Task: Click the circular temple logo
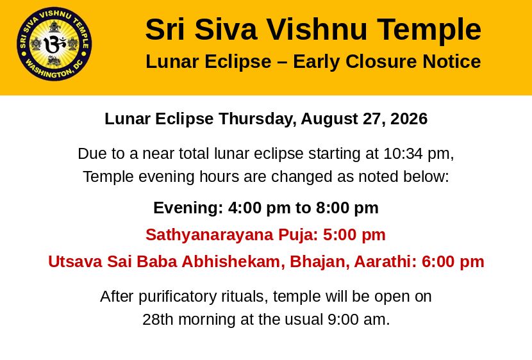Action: pos(54,44)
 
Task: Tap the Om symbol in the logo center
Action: pos(54,44)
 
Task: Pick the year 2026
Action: pos(409,119)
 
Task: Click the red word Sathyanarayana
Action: pos(210,235)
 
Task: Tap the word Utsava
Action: pos(75,262)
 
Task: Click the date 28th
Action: pos(158,319)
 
